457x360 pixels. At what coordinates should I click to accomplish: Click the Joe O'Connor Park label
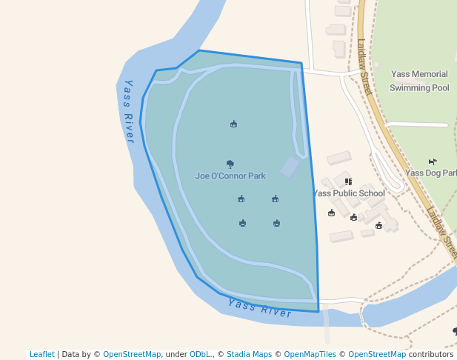(230, 176)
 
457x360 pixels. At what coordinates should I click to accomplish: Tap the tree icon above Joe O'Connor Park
(230, 164)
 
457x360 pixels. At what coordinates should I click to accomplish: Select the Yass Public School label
(349, 193)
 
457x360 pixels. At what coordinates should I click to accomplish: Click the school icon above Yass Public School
(349, 181)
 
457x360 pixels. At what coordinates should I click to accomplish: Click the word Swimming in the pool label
(410, 87)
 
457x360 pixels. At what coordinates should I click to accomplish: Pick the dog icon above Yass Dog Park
(433, 161)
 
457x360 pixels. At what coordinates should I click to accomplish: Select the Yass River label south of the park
(260, 308)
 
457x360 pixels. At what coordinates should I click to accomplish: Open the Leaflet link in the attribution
(42, 355)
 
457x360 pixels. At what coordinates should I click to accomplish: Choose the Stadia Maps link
(249, 355)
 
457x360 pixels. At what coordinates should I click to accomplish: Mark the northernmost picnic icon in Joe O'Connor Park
(234, 124)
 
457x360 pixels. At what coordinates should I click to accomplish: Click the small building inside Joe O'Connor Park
(290, 167)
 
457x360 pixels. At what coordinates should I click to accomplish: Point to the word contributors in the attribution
(431, 355)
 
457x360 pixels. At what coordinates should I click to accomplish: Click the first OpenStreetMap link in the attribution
(132, 355)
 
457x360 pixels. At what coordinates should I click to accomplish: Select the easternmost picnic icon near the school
(379, 225)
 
